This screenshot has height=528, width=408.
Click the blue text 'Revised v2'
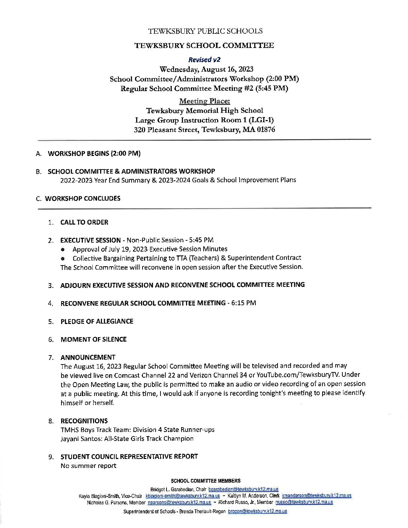204,60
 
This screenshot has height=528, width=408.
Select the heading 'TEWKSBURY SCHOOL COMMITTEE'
204,46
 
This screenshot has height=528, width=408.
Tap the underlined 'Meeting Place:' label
204,101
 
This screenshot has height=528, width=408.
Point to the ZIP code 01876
265,130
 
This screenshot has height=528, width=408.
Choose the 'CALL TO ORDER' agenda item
84,222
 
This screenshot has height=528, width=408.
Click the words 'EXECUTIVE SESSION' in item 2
90,240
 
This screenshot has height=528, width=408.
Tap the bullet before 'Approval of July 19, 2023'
64,249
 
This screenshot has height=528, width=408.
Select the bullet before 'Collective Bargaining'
64,258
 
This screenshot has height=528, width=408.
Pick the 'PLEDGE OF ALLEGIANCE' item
97,321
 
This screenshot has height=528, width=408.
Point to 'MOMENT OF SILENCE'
93,339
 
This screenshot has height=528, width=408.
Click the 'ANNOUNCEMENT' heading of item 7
88,357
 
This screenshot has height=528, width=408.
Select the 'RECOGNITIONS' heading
84,421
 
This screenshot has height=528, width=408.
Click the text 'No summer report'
88,466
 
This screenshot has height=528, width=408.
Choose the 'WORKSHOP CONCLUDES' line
82,198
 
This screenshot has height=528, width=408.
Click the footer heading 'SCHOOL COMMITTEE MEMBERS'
205,481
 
